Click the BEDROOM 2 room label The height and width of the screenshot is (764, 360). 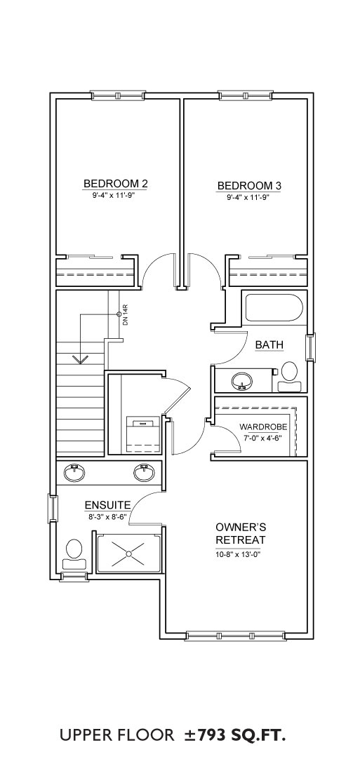(x=116, y=184)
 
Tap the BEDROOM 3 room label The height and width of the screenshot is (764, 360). (x=249, y=186)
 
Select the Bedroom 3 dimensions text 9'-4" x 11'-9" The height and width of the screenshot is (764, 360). (x=249, y=198)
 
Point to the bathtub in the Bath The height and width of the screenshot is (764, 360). (x=273, y=307)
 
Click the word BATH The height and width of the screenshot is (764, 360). (x=269, y=345)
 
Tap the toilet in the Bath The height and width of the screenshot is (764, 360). (x=289, y=377)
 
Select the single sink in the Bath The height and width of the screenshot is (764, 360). (x=241, y=380)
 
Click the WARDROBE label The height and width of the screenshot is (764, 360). (x=263, y=427)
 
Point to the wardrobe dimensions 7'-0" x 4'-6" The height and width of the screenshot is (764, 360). (x=263, y=437)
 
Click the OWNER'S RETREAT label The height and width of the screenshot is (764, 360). (x=241, y=533)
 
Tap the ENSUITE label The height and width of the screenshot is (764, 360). (x=107, y=505)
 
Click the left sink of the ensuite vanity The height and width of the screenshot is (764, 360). (x=74, y=472)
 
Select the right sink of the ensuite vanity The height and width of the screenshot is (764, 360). (x=144, y=472)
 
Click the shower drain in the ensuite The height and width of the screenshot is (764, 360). (x=128, y=554)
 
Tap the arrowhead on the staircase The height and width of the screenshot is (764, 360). (x=80, y=359)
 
